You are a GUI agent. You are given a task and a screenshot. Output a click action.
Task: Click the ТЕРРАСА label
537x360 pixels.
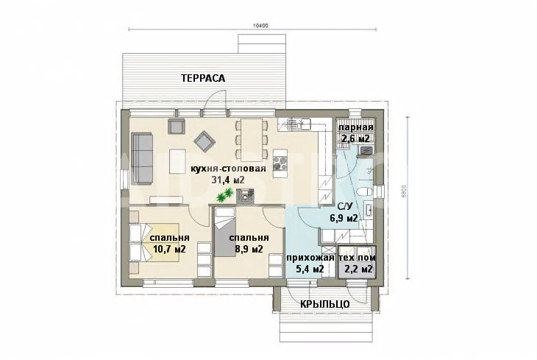coord(203,78)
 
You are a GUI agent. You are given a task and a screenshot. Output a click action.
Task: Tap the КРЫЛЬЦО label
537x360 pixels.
coord(325,304)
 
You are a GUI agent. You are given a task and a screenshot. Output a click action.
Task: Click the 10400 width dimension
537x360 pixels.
coord(260,25)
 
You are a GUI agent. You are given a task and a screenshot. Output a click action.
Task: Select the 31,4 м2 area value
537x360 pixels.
coord(228,180)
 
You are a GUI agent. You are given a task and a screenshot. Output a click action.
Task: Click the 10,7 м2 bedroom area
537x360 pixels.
coord(169,249)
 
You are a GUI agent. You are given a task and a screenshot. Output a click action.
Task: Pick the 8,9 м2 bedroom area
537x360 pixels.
coord(249,249)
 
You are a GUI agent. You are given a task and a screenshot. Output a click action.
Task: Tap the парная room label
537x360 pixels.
coord(356,127)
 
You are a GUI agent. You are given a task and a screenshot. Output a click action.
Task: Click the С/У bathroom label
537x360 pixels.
coord(345,206)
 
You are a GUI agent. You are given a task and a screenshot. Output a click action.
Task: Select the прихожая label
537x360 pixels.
coord(310,258)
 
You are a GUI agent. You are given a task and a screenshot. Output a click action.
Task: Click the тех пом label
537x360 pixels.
coord(357,258)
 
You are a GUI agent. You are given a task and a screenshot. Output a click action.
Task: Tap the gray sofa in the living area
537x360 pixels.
coord(142,159)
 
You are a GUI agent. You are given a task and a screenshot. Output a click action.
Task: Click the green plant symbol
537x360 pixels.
coord(224,195)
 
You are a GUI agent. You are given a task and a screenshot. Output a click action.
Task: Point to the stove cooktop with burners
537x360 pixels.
coord(280,164)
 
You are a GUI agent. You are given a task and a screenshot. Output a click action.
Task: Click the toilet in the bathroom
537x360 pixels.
coord(364,191)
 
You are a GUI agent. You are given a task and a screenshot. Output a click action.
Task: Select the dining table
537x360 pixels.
coord(251,140)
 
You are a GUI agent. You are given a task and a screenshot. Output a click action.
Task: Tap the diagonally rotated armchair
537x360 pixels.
coord(205,141)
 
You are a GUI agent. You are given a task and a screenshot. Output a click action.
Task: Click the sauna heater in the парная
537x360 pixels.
coord(366,150)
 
